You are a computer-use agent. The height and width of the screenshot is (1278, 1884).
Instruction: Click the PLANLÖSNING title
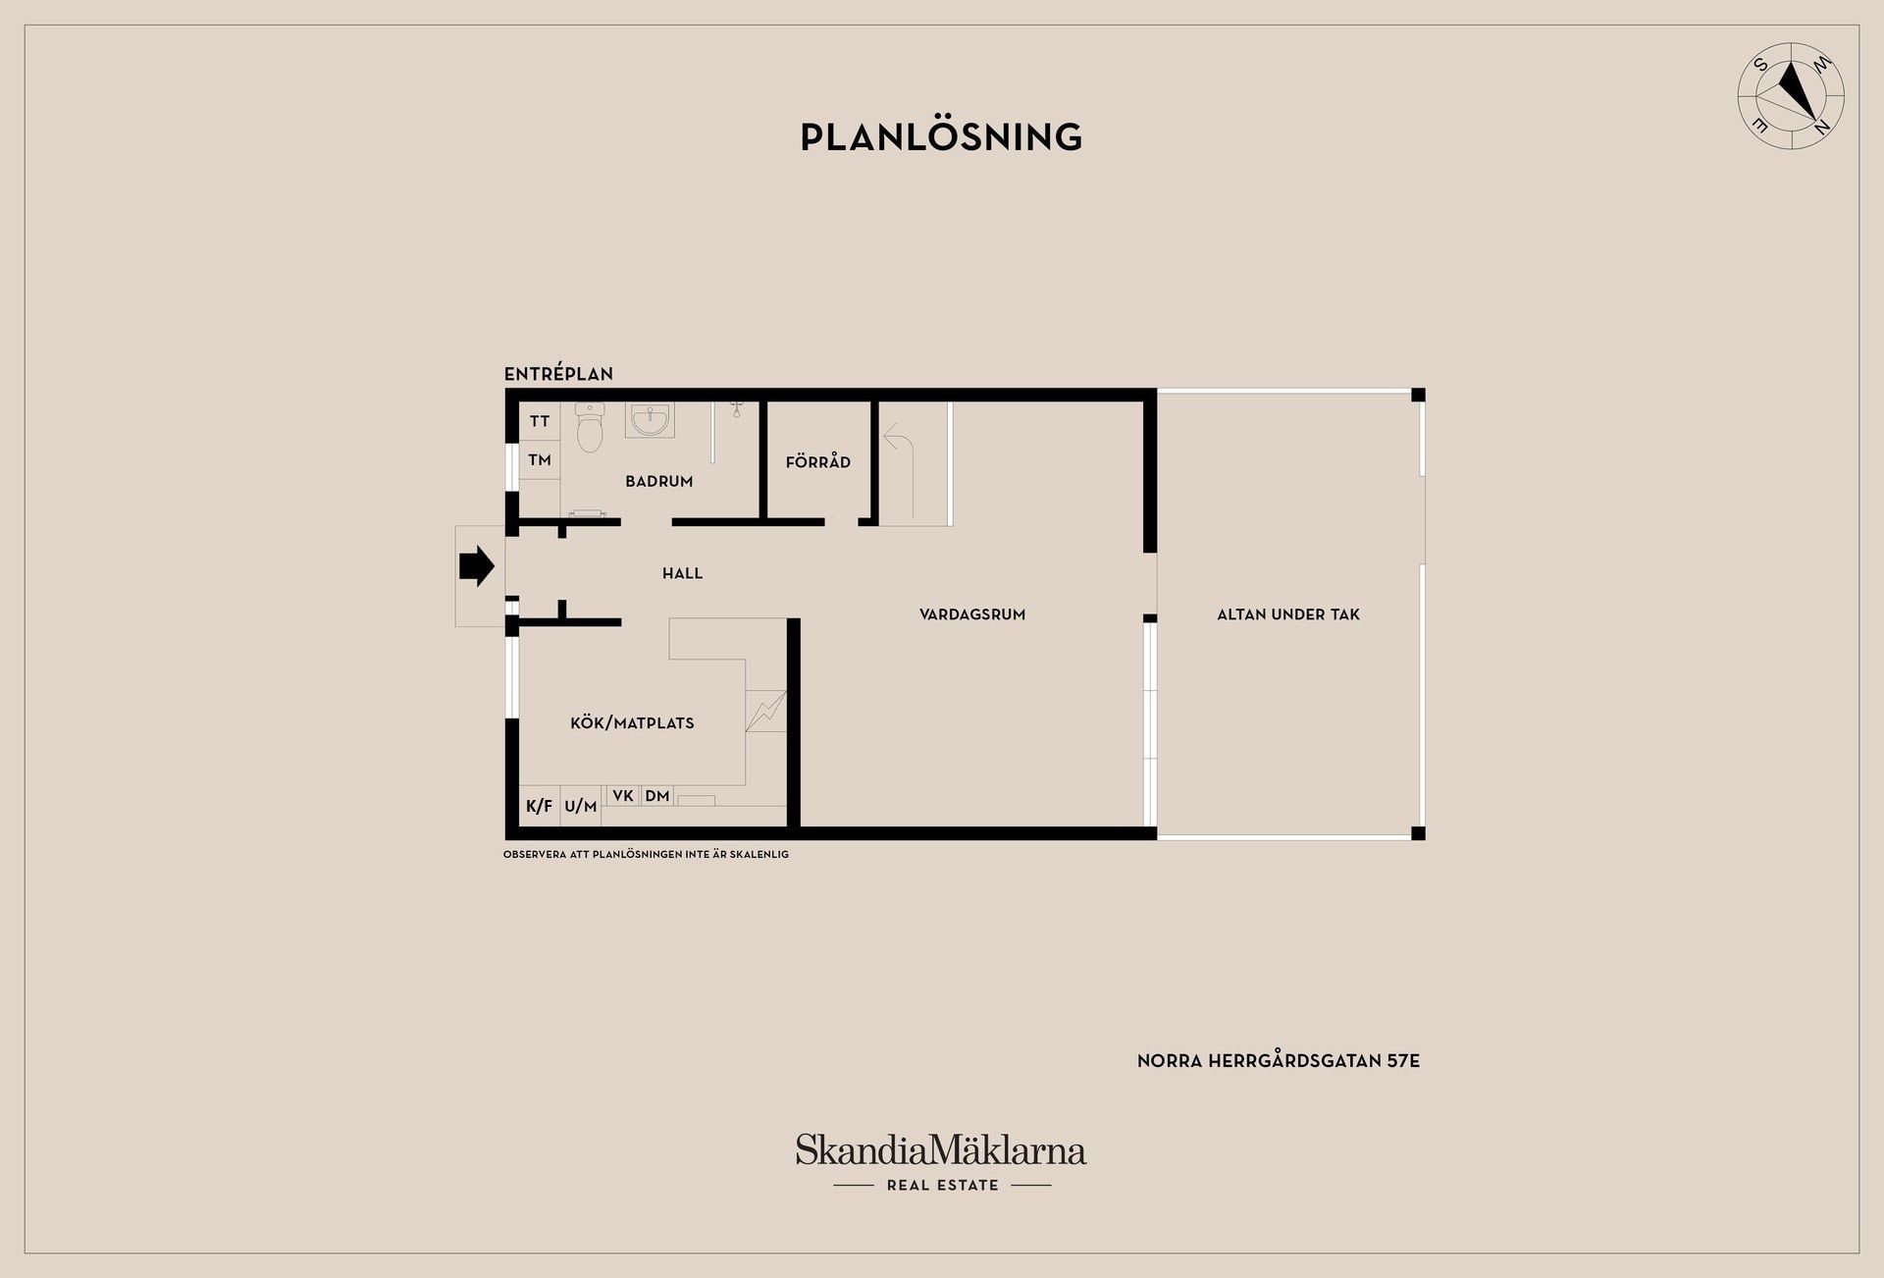[941, 136]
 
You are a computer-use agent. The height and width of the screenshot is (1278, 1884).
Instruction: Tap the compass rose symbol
[1791, 96]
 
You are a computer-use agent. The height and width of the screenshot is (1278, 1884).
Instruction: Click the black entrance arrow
[477, 566]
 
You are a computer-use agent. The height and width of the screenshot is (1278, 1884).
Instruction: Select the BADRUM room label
[659, 481]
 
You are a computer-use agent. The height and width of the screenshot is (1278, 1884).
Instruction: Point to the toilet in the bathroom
[590, 426]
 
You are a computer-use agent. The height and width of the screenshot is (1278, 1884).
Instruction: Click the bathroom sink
[650, 420]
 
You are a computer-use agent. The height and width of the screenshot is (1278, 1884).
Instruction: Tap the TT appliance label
[540, 422]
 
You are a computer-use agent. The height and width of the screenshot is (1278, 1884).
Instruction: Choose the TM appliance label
[540, 459]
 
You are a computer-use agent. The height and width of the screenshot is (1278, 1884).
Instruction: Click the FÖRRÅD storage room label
[818, 461]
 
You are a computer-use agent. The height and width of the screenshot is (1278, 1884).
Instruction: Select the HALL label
[683, 573]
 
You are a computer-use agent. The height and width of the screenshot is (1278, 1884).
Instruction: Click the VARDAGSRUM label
[972, 614]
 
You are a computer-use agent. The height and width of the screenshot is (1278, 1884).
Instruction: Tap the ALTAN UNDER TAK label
[1288, 614]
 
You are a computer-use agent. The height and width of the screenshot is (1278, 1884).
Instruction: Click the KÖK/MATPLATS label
[632, 723]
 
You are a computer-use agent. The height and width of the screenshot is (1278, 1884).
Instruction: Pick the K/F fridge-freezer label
[540, 807]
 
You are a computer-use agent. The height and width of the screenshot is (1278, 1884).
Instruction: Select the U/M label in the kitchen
[581, 807]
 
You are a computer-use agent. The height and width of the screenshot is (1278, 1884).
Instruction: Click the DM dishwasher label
[657, 796]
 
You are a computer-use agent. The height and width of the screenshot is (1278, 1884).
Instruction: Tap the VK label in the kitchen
[623, 796]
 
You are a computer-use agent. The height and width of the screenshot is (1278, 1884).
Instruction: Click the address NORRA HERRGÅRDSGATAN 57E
[1279, 1061]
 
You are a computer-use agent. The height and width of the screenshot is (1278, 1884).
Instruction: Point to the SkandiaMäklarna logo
[941, 1162]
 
